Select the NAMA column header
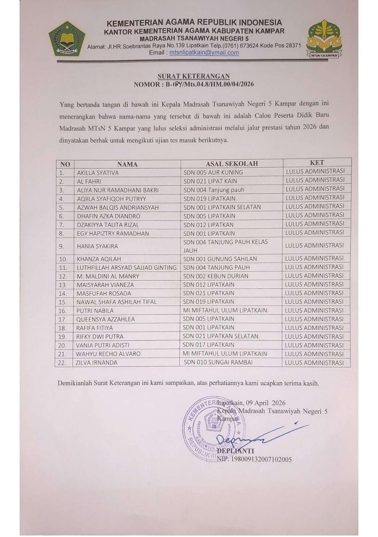click(x=127, y=164)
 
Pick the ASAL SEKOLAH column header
click(x=232, y=163)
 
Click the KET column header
click(x=317, y=162)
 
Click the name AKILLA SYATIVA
click(x=98, y=173)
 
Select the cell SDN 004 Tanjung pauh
click(x=214, y=190)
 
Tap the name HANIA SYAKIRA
click(x=97, y=246)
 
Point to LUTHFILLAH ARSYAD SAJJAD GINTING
click(x=127, y=267)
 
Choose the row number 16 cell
click(x=63, y=311)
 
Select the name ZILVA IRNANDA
click(x=96, y=362)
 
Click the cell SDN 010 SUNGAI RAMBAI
click(x=218, y=362)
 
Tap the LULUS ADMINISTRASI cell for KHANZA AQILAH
click(x=314, y=258)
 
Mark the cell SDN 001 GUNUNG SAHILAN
click(x=220, y=259)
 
